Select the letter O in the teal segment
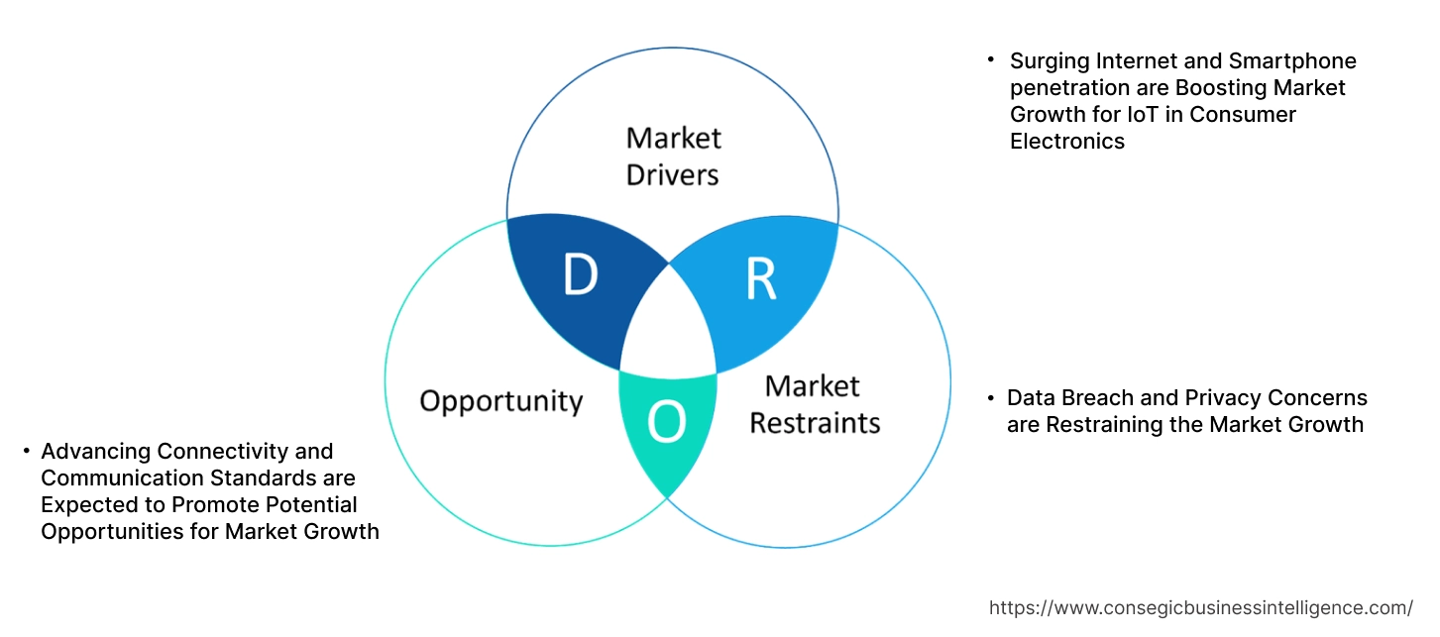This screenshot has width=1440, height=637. (x=666, y=423)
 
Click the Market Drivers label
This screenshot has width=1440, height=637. (x=674, y=156)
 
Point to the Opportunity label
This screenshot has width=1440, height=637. (x=500, y=401)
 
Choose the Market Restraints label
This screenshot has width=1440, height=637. (x=814, y=404)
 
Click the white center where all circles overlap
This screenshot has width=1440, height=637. (x=669, y=328)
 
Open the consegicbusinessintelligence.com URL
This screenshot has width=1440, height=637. (x=1201, y=608)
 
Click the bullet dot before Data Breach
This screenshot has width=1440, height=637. (x=990, y=398)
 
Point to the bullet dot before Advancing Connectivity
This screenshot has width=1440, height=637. (x=26, y=452)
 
